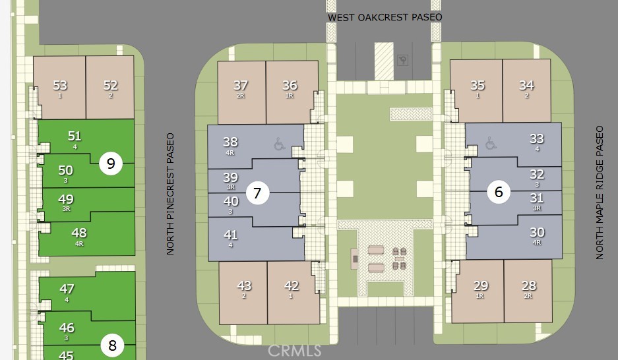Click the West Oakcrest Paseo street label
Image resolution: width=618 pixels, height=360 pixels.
point(385,17)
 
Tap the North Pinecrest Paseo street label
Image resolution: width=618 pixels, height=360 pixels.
point(170,194)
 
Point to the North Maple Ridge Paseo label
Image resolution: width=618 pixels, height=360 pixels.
point(600,193)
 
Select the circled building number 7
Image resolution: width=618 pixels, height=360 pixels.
point(257,193)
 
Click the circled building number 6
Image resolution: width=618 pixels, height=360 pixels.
point(499,192)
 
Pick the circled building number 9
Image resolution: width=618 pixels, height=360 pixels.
point(111,163)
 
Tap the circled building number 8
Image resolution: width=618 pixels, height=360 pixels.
point(112,345)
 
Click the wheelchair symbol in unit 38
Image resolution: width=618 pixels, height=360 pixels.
point(280,144)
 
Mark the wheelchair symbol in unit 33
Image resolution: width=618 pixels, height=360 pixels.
point(491,143)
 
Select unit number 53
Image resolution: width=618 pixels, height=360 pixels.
point(60,85)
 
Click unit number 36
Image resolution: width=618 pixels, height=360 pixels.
point(290,85)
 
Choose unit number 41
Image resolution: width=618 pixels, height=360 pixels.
point(231,235)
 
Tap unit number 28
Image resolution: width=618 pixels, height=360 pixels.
point(528,285)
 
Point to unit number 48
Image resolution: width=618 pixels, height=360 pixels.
point(79,233)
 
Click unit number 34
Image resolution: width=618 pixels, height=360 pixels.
point(526,85)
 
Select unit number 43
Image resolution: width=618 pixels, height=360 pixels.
point(244,285)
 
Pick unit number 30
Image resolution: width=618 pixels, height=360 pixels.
point(537,232)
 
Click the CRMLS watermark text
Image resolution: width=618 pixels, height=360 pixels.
point(294,351)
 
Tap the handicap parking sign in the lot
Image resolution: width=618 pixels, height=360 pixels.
point(403,60)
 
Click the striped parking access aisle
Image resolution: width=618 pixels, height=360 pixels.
point(384,61)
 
